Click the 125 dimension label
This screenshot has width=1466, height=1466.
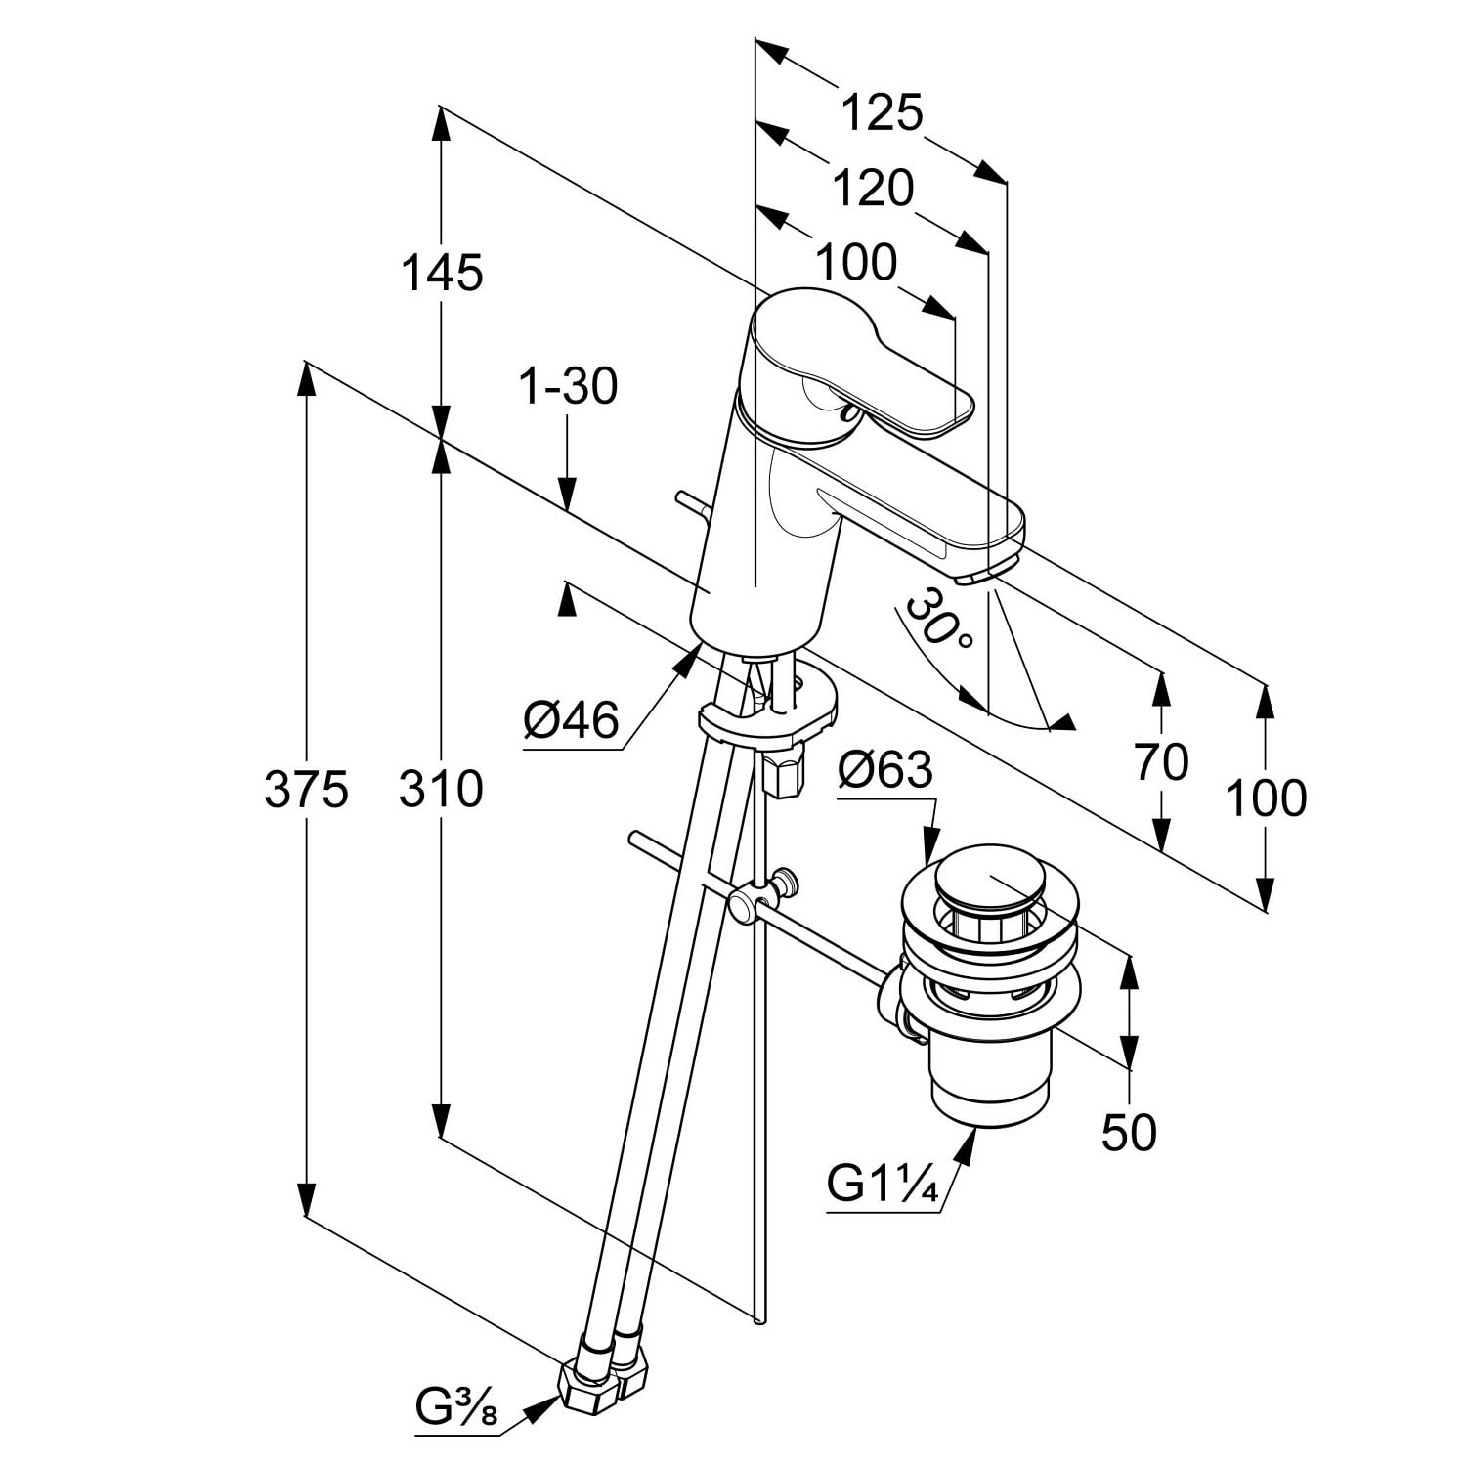point(882,113)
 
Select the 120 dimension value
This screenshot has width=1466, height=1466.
point(872,188)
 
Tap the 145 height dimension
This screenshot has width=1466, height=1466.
point(443,273)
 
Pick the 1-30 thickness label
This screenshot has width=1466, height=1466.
point(568,387)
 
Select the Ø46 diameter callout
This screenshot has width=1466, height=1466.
point(572,721)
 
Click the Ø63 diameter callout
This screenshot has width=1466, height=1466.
point(885,771)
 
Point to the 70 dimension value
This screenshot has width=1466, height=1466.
point(1161,762)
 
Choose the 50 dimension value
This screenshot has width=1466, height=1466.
point(1129,1133)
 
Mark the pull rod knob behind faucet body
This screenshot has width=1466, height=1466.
point(681,499)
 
